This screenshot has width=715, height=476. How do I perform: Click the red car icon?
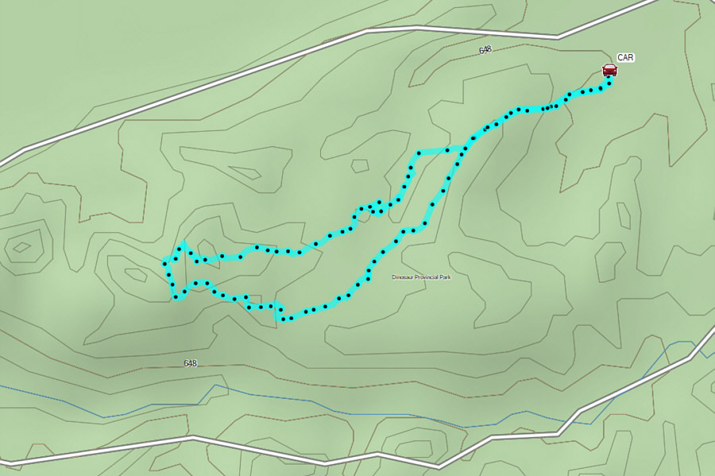click(609, 70)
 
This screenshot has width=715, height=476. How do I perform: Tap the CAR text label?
click(626, 58)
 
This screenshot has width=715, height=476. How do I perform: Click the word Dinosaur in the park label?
click(403, 277)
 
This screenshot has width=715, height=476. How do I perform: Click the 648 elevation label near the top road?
click(485, 49)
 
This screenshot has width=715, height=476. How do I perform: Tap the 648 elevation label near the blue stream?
click(190, 363)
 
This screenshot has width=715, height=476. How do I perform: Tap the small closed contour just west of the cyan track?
click(135, 275)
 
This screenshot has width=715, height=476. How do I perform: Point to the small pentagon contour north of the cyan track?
click(360, 165)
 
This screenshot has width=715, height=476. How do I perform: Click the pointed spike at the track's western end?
click(183, 243)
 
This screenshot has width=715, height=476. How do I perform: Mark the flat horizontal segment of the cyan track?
click(433, 151)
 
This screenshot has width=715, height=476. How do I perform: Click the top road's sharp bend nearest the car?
click(558, 37)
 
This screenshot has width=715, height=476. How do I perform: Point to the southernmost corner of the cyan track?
click(280, 319)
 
